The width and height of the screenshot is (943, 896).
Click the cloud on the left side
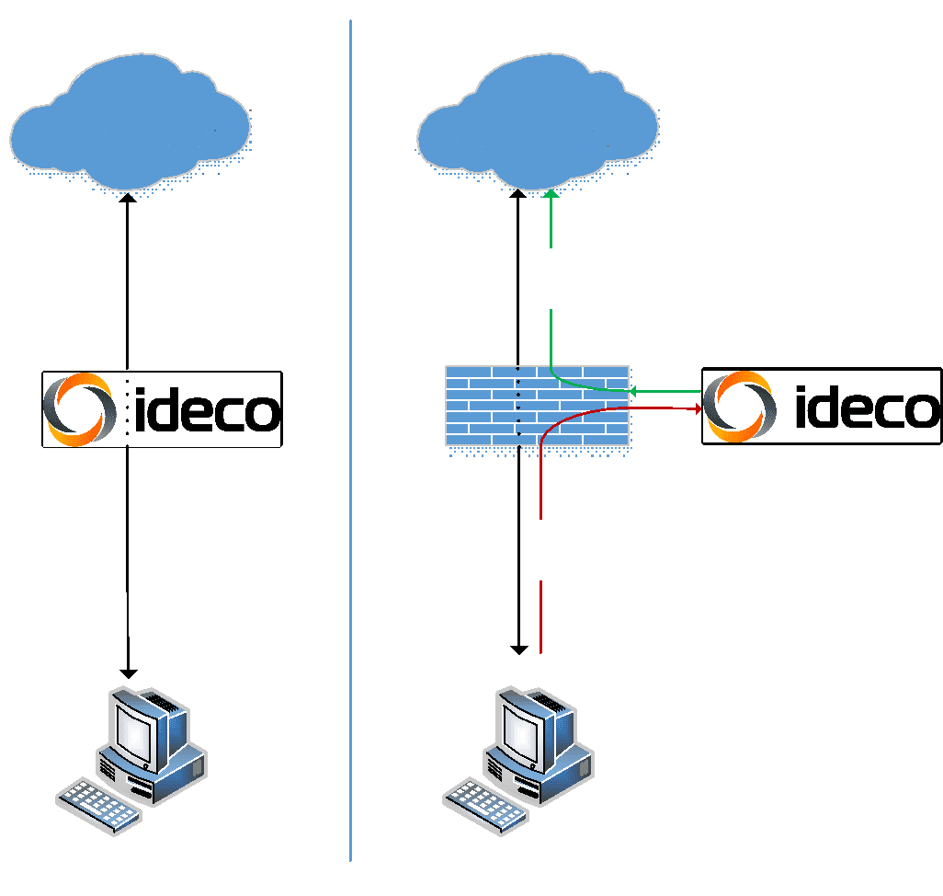click(x=131, y=124)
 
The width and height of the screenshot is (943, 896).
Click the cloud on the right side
click(x=538, y=124)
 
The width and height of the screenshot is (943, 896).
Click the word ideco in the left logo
click(x=206, y=411)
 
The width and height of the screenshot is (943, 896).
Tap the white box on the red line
click(x=540, y=549)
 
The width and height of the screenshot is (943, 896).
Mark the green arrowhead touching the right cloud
click(x=551, y=194)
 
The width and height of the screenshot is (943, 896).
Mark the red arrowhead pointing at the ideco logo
click(x=697, y=408)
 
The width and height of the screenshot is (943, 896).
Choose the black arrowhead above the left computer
click(x=129, y=672)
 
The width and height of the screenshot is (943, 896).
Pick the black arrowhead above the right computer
click(x=519, y=649)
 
